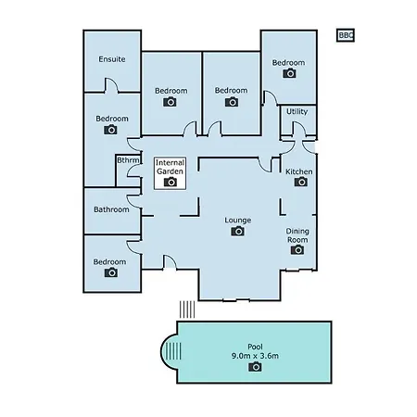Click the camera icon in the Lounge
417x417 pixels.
pyautogui.click(x=237, y=231)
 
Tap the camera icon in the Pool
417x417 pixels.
pyautogui.click(x=255, y=367)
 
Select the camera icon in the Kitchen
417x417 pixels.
pyautogui.click(x=301, y=182)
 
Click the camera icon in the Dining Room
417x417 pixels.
pyautogui.click(x=297, y=249)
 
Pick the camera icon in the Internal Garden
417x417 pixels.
pyautogui.click(x=171, y=182)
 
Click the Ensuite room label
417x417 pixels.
pyautogui.click(x=112, y=59)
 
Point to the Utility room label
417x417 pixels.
pyautogui.click(x=297, y=111)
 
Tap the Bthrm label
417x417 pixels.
pyautogui.click(x=128, y=160)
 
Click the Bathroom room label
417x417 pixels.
pyautogui.click(x=111, y=209)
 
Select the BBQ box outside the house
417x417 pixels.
pyautogui.click(x=346, y=35)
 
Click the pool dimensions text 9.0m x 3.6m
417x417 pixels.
pyautogui.click(x=255, y=356)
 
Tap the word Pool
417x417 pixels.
pyautogui.click(x=255, y=347)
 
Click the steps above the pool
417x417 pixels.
pyautogui.click(x=187, y=310)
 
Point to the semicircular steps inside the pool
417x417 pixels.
pyautogui.click(x=171, y=351)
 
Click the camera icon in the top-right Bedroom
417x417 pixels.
pyautogui.click(x=289, y=73)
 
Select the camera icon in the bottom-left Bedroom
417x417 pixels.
pyautogui.click(x=111, y=272)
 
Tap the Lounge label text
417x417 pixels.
pyautogui.click(x=237, y=221)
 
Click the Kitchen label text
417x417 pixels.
pyautogui.click(x=298, y=171)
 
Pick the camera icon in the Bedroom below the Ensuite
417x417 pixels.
pyautogui.click(x=110, y=130)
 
